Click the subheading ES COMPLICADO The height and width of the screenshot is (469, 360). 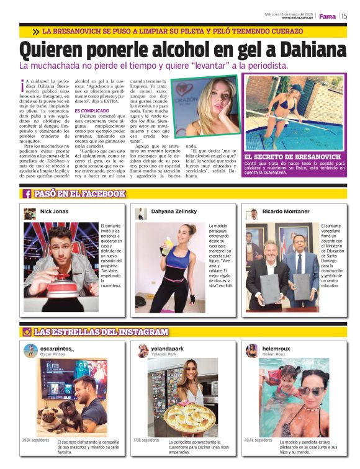[92, 110]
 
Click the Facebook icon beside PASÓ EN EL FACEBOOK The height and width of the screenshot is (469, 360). [27, 194]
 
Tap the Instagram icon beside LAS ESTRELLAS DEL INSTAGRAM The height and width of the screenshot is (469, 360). [27, 332]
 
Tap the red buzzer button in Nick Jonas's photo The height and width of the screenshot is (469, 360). [57, 292]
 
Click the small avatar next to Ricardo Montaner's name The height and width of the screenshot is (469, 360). [251, 213]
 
